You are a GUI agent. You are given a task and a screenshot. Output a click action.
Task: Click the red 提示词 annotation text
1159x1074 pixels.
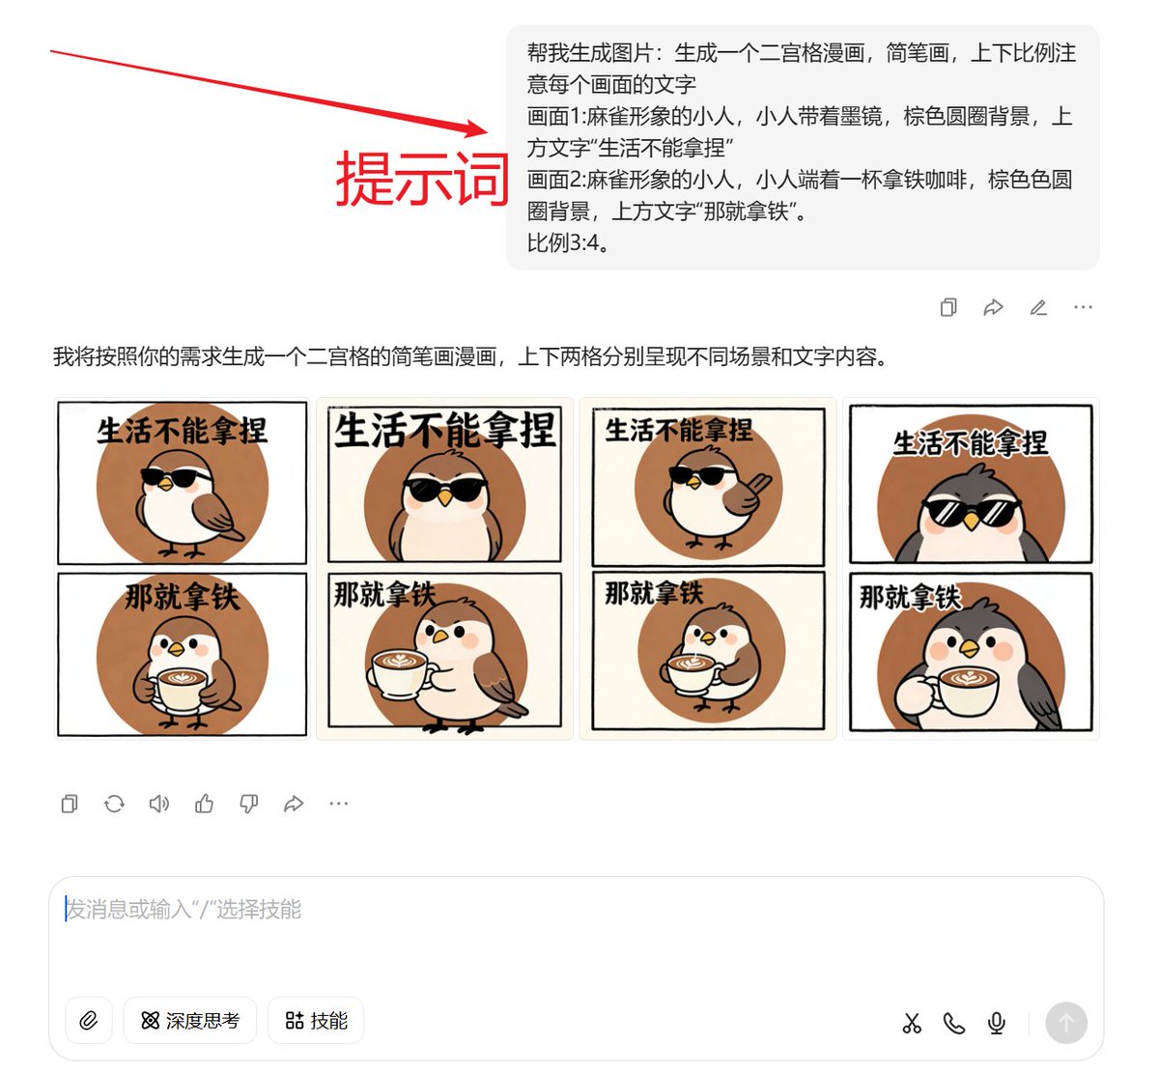(422, 180)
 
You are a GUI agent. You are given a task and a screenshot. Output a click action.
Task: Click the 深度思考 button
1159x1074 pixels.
(190, 1021)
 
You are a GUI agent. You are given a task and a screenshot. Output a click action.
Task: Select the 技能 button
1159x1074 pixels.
(316, 1021)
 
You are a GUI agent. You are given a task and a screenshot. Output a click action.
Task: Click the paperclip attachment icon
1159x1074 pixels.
(89, 1021)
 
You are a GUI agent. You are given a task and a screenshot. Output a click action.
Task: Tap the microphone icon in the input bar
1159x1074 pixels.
(997, 1023)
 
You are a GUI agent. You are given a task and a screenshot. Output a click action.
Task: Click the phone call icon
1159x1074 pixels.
(954, 1023)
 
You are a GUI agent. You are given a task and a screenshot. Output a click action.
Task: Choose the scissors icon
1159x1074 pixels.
(912, 1023)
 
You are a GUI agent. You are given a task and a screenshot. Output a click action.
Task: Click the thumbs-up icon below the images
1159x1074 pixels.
(204, 804)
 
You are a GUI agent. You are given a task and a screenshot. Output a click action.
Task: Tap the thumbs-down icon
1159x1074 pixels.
(249, 804)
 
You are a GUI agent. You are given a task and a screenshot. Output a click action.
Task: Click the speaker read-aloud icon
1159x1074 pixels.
(159, 804)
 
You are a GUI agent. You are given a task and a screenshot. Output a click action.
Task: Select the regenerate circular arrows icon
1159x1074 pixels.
(114, 804)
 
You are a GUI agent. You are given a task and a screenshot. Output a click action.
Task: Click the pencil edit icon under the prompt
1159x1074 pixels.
(1038, 308)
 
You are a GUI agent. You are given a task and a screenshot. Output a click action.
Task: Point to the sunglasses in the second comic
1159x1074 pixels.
(444, 489)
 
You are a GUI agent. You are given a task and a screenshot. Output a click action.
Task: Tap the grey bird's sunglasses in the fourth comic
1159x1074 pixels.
(971, 512)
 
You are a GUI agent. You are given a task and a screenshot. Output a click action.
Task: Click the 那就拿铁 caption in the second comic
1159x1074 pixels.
(384, 594)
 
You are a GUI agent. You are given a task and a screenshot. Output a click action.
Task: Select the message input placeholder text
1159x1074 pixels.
(184, 910)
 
